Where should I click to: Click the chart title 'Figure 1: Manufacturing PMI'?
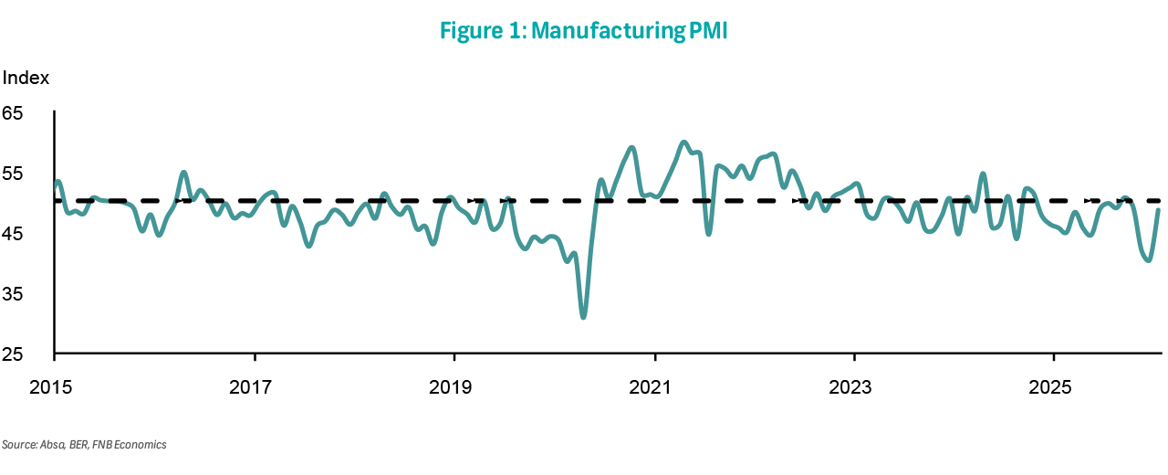click(583, 31)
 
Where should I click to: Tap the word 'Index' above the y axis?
click(26, 79)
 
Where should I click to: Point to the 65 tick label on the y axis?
click(14, 114)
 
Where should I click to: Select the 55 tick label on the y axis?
click(14, 174)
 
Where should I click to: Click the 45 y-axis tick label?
click(14, 235)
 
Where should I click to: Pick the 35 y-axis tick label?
click(14, 295)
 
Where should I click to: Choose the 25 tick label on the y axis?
click(14, 355)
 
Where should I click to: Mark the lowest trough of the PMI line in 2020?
click(583, 317)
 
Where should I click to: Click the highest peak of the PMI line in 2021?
click(683, 142)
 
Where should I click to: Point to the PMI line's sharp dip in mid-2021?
click(709, 234)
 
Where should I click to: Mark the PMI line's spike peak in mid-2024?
click(983, 174)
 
